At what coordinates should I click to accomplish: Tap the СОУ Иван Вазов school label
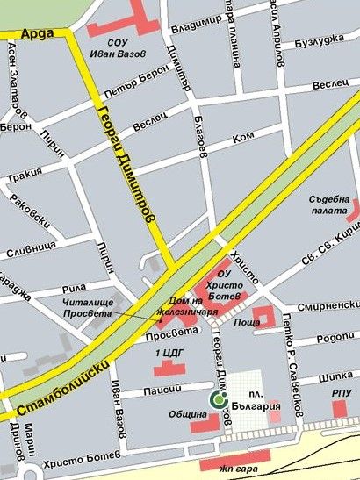124,47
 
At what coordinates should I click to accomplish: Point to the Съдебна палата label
329,204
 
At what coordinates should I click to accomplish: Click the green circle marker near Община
216,400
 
